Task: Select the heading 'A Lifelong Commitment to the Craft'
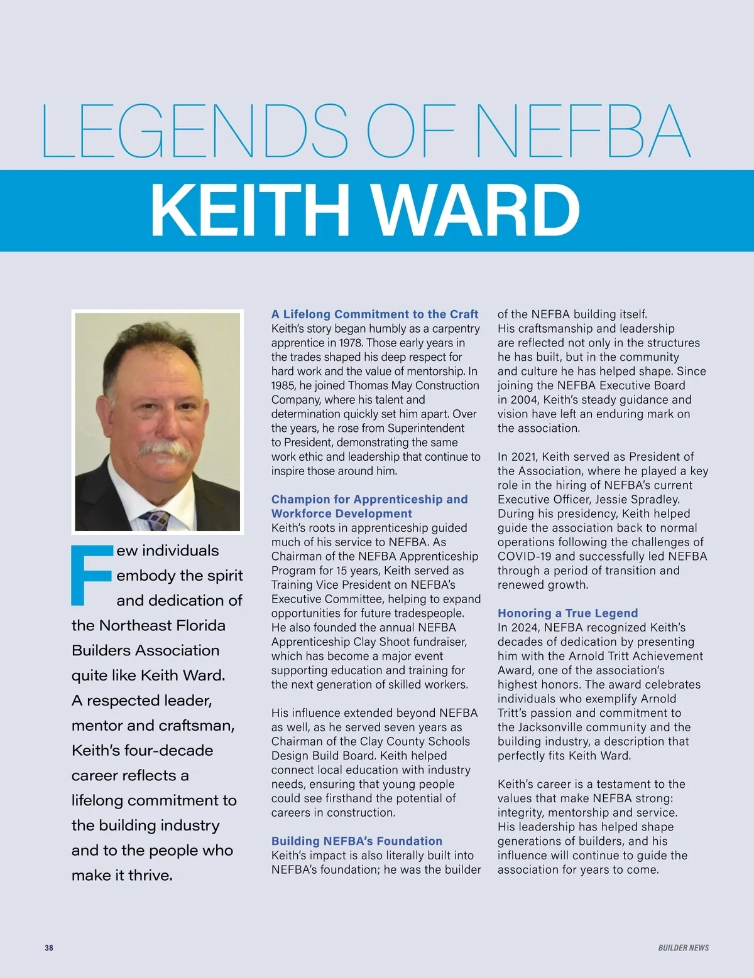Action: click(374, 314)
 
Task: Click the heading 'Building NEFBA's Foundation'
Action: click(356, 841)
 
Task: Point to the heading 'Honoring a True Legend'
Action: click(567, 613)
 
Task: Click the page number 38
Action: click(49, 948)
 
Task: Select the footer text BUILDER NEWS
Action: click(683, 948)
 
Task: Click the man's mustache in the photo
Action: click(164, 449)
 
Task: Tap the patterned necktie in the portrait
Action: click(155, 520)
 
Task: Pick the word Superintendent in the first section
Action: click(426, 428)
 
